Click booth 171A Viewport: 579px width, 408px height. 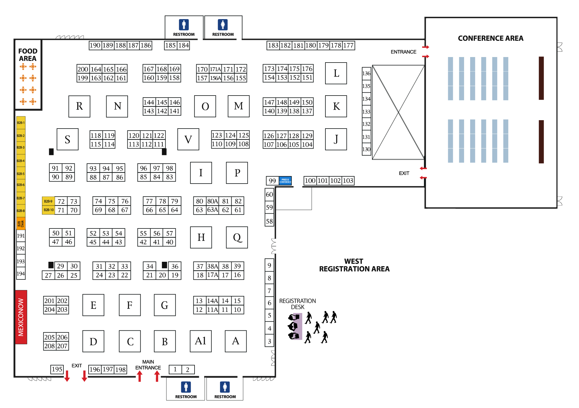(215, 69)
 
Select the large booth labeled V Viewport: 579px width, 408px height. (188, 139)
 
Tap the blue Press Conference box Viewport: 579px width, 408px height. (285, 181)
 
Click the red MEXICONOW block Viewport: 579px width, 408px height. (21, 317)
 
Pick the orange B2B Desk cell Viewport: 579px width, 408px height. (21, 224)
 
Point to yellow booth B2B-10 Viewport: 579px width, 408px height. (48, 210)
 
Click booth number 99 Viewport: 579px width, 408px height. (272, 181)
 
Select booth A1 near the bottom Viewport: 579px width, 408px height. (201, 341)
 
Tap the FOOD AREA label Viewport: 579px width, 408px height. (28, 55)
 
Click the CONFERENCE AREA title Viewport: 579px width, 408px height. (490, 38)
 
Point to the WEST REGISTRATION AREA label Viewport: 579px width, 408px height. (354, 265)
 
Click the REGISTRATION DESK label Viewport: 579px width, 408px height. (297, 304)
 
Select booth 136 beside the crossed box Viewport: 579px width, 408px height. (366, 73)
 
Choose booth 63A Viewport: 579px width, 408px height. (212, 210)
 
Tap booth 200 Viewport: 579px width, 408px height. (83, 69)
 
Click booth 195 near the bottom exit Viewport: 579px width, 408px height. (57, 369)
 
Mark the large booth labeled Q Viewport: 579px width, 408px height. (237, 237)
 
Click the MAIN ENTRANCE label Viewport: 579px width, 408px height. (148, 365)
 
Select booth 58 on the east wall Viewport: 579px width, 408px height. (269, 222)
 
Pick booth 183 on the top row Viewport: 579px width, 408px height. (273, 45)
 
